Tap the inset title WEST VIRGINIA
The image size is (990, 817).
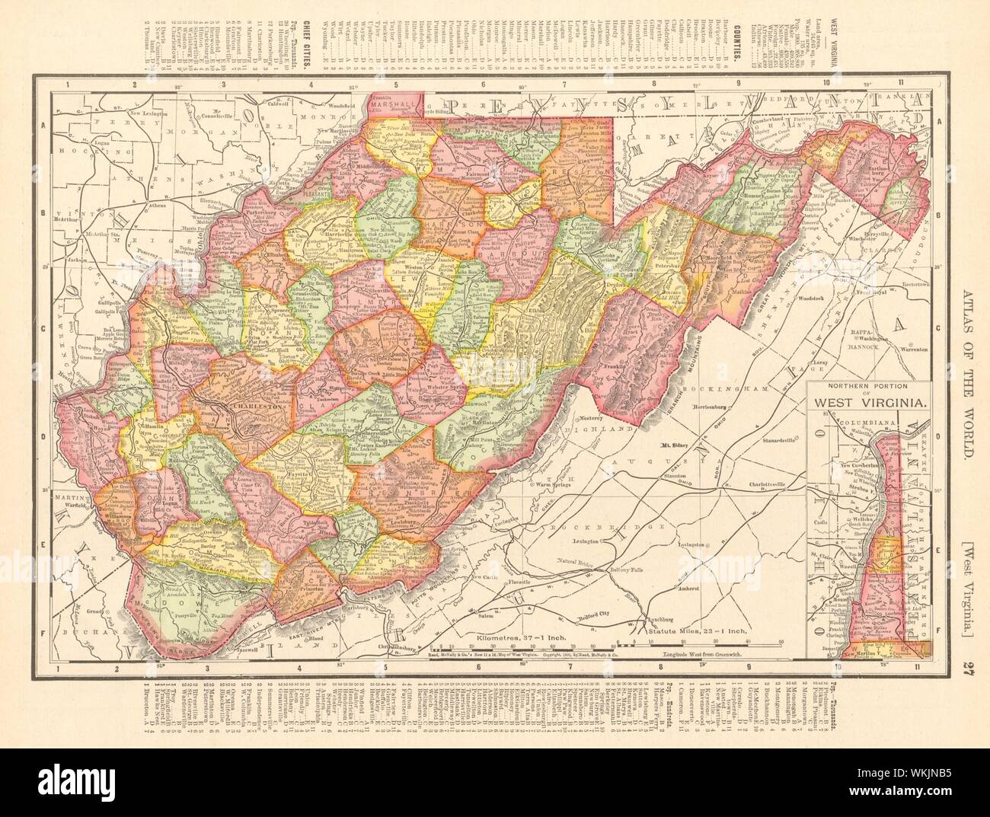point(867,404)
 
